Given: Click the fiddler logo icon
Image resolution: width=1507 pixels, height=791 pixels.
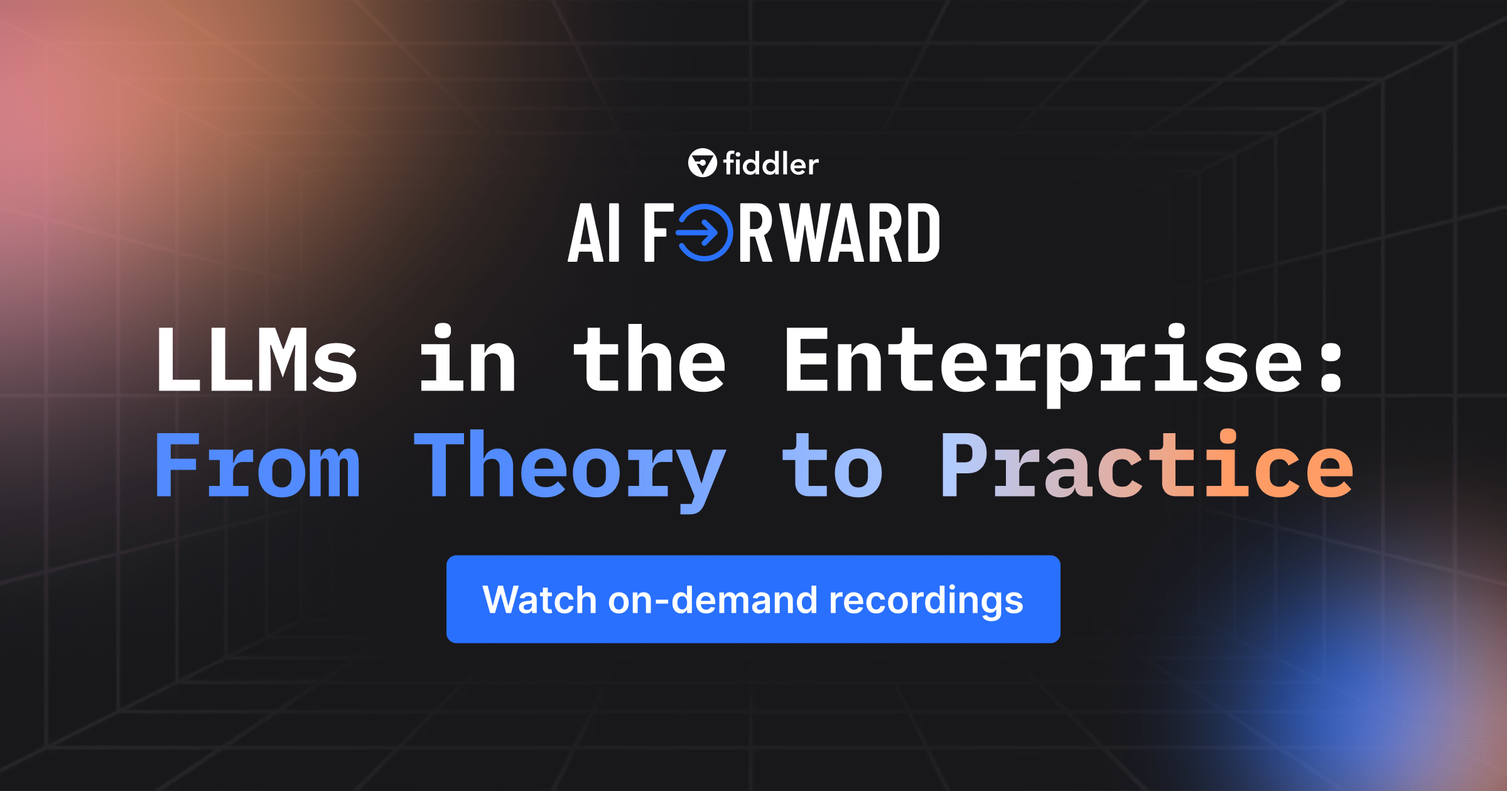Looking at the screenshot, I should (702, 163).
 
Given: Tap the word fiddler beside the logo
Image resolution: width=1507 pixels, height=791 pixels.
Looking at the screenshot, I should (771, 164).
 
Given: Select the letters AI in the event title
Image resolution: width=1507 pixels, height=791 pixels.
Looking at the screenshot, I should (594, 233).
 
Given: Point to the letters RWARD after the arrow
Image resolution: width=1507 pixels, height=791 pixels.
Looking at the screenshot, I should (839, 233).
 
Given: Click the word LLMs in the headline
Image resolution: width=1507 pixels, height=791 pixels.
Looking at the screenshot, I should (257, 361).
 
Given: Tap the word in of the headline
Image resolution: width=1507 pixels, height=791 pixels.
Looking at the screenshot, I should (467, 361).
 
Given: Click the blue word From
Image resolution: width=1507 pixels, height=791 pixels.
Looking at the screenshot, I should (258, 465).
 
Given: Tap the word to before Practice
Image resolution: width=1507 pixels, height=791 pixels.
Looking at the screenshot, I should (833, 466).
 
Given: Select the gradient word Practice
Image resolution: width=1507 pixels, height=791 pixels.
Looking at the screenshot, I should (1147, 465).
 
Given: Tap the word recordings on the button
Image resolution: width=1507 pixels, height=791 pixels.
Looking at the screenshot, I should (926, 601).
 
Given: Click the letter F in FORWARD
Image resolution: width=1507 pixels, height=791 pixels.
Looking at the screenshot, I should (657, 233).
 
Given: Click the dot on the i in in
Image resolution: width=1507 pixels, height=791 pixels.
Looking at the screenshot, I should (443, 331).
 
